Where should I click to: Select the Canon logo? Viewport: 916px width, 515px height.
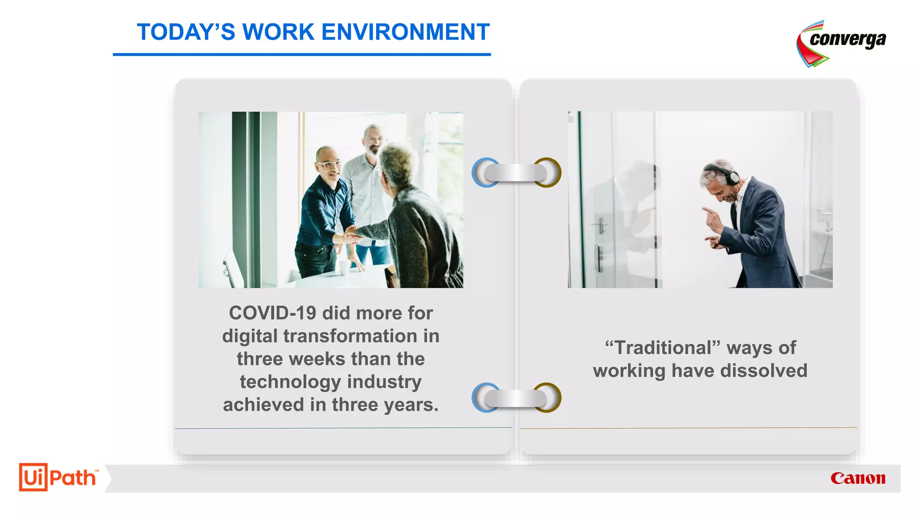[858, 478]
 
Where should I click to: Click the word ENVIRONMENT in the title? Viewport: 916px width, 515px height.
[405, 32]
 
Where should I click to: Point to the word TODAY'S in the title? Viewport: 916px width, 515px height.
[186, 32]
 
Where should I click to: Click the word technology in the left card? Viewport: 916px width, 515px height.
[290, 382]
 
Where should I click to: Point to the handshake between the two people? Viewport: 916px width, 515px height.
[351, 234]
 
